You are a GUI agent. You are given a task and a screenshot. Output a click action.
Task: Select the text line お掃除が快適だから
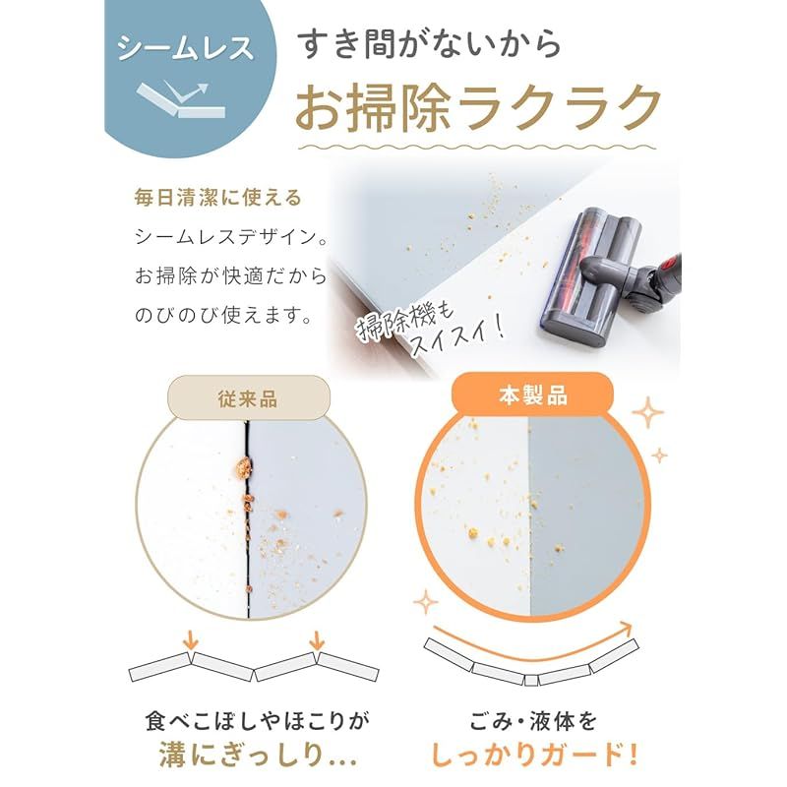231,276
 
